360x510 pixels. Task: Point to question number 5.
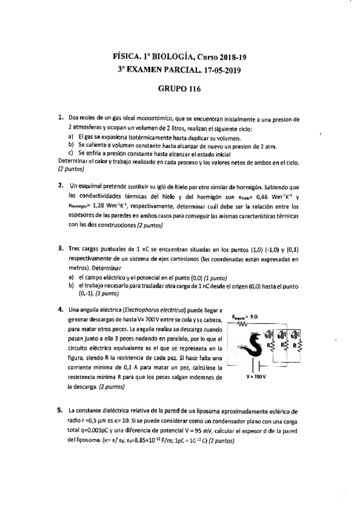point(61,411)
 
